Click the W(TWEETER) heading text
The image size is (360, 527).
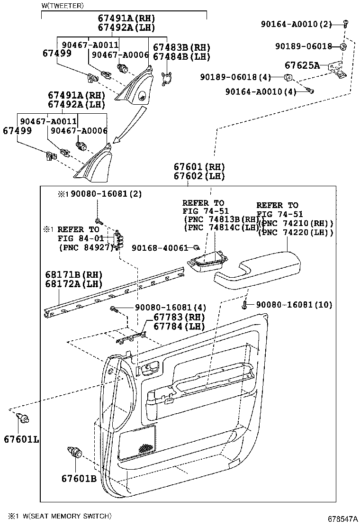pyautogui.click(x=63, y=6)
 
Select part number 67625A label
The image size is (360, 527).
pyautogui.click(x=302, y=65)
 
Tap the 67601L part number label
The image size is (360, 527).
pyautogui.click(x=21, y=439)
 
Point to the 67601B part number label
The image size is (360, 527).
pyautogui.click(x=79, y=478)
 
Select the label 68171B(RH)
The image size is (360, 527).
pyautogui.click(x=74, y=275)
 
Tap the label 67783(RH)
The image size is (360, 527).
pyautogui.click(x=179, y=317)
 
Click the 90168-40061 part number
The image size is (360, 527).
pyautogui.click(x=160, y=248)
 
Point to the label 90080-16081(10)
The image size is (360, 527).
pyautogui.click(x=294, y=305)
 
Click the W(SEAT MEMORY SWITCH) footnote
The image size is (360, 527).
pyautogui.click(x=59, y=516)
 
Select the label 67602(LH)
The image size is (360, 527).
pyautogui.click(x=199, y=176)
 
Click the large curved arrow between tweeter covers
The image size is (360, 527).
pyautogui.click(x=128, y=124)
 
